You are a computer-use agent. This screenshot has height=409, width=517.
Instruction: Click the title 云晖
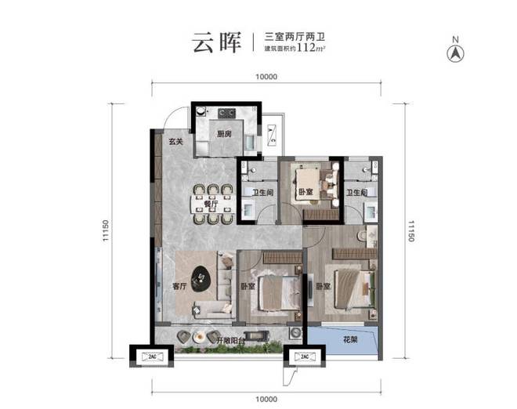tap(215, 42)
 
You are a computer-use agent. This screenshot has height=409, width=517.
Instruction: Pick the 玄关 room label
tap(175, 141)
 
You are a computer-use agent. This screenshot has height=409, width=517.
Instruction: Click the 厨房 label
tap(225, 134)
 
